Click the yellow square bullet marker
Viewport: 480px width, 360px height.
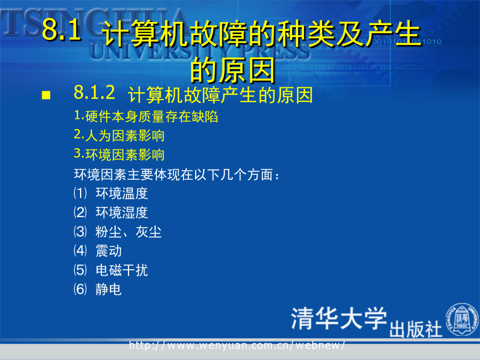(x=46, y=95)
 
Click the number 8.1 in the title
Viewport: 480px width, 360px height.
(x=61, y=29)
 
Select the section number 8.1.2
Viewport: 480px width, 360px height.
(x=94, y=92)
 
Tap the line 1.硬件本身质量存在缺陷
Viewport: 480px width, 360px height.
(x=146, y=116)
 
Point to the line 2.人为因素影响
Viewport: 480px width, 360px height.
(x=119, y=135)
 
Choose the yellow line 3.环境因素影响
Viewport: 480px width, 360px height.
(x=119, y=154)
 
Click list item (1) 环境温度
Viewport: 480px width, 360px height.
(x=111, y=193)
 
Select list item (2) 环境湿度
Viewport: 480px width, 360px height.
(x=111, y=212)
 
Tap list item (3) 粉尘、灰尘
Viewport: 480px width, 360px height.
(x=117, y=232)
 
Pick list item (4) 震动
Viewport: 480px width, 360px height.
(x=98, y=251)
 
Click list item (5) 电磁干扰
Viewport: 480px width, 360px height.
(x=111, y=270)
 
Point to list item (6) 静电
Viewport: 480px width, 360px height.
(x=98, y=289)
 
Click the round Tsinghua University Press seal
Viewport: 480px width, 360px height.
(x=462, y=319)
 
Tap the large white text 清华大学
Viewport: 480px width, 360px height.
(x=339, y=318)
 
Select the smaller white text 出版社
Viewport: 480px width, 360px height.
(x=415, y=330)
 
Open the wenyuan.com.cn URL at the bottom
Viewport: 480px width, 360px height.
(x=237, y=345)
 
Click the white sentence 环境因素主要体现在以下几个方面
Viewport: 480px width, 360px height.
(x=177, y=174)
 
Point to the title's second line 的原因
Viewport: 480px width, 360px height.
(x=233, y=70)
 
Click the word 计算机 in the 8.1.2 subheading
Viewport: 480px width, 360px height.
(x=156, y=95)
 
